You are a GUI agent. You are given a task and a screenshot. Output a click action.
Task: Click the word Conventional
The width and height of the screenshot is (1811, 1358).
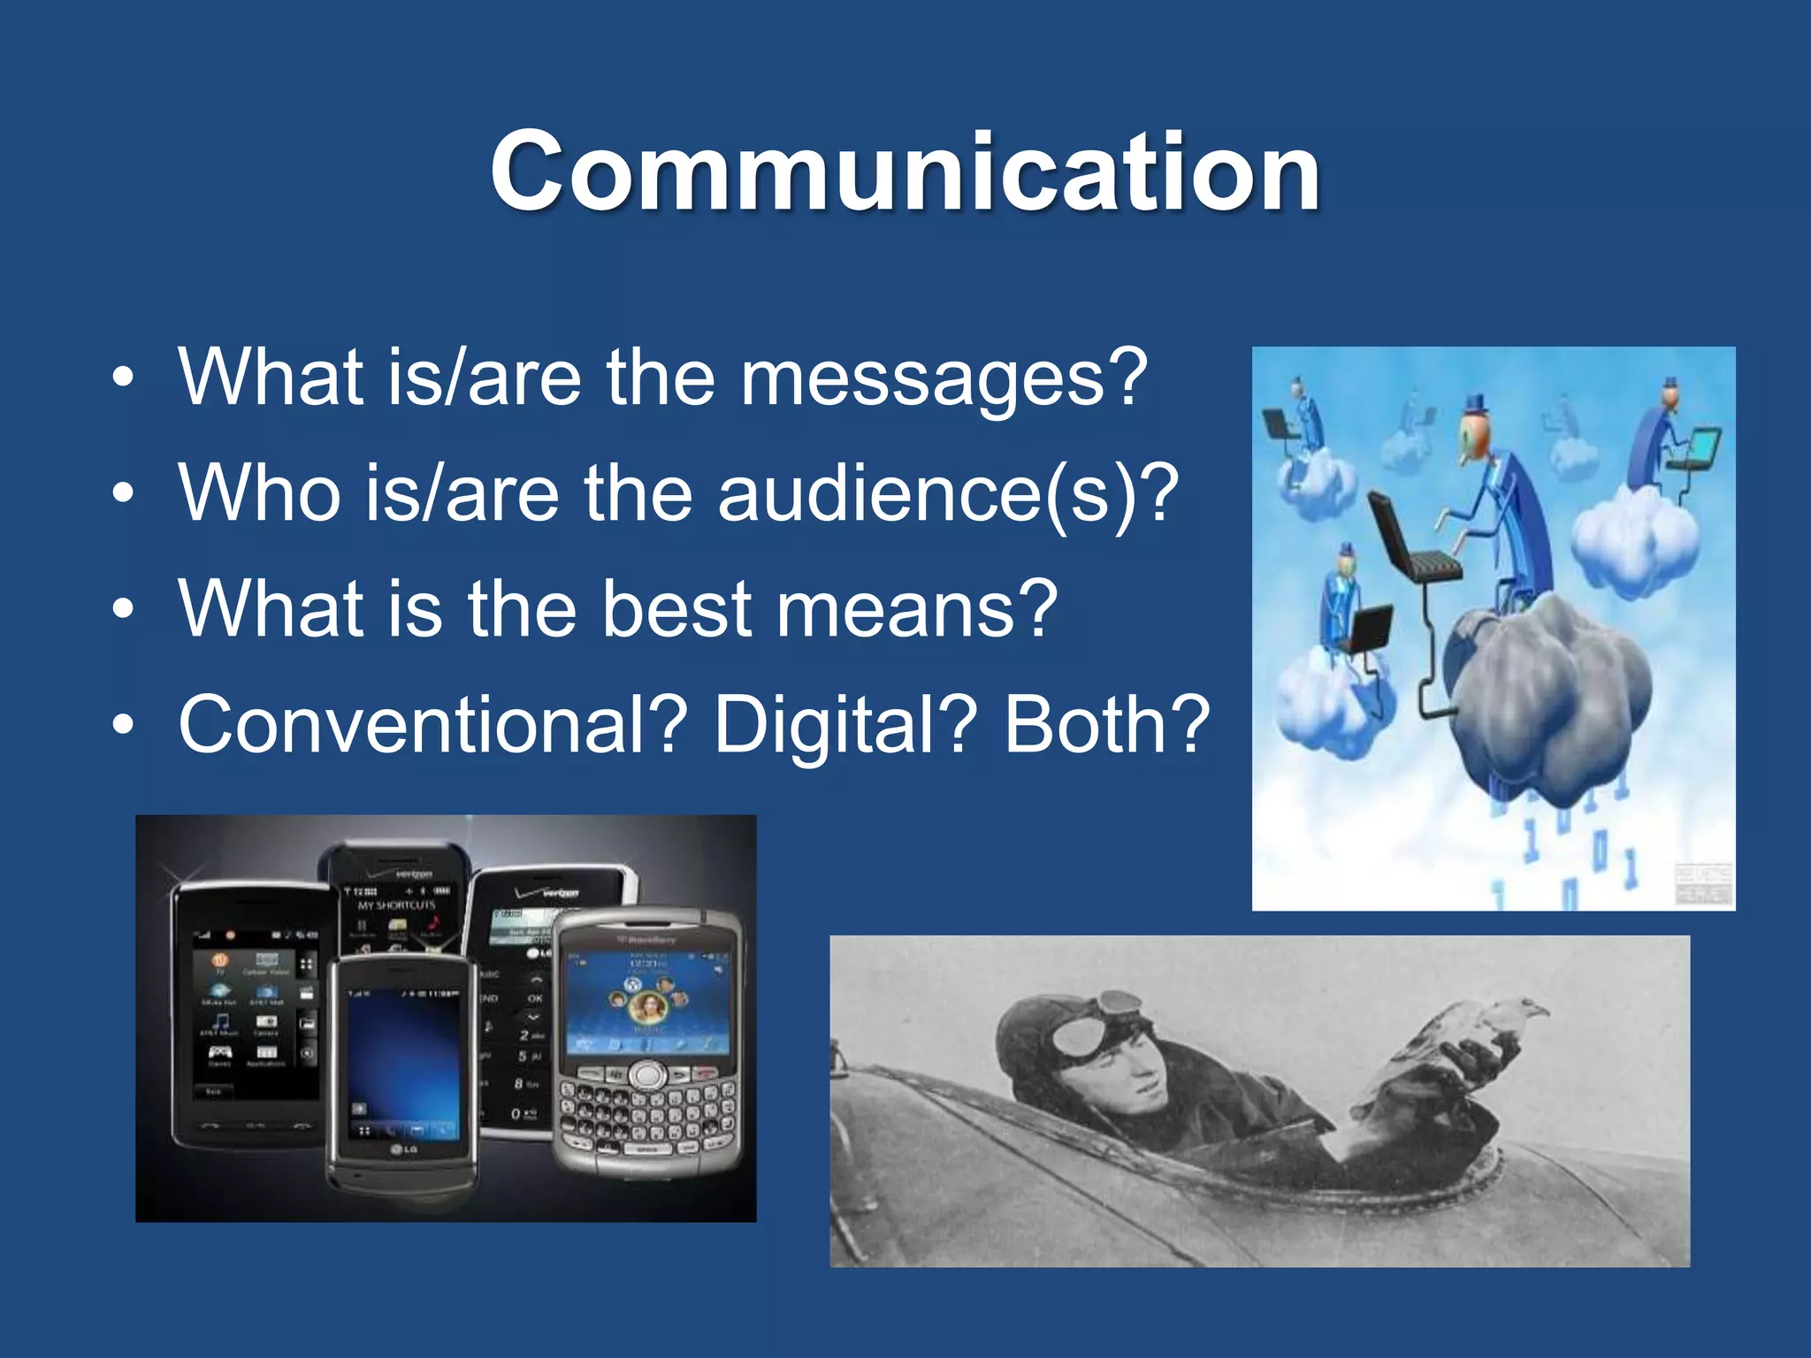point(433,725)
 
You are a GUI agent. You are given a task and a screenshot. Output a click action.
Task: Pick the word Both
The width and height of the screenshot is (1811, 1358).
point(1105,725)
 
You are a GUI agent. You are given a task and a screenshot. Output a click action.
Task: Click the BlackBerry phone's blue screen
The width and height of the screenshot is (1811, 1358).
point(649,999)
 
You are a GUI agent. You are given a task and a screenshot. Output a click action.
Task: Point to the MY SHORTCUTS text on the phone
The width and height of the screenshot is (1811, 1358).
point(396,905)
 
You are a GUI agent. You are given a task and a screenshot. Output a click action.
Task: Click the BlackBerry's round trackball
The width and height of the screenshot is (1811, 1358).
point(649,1075)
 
